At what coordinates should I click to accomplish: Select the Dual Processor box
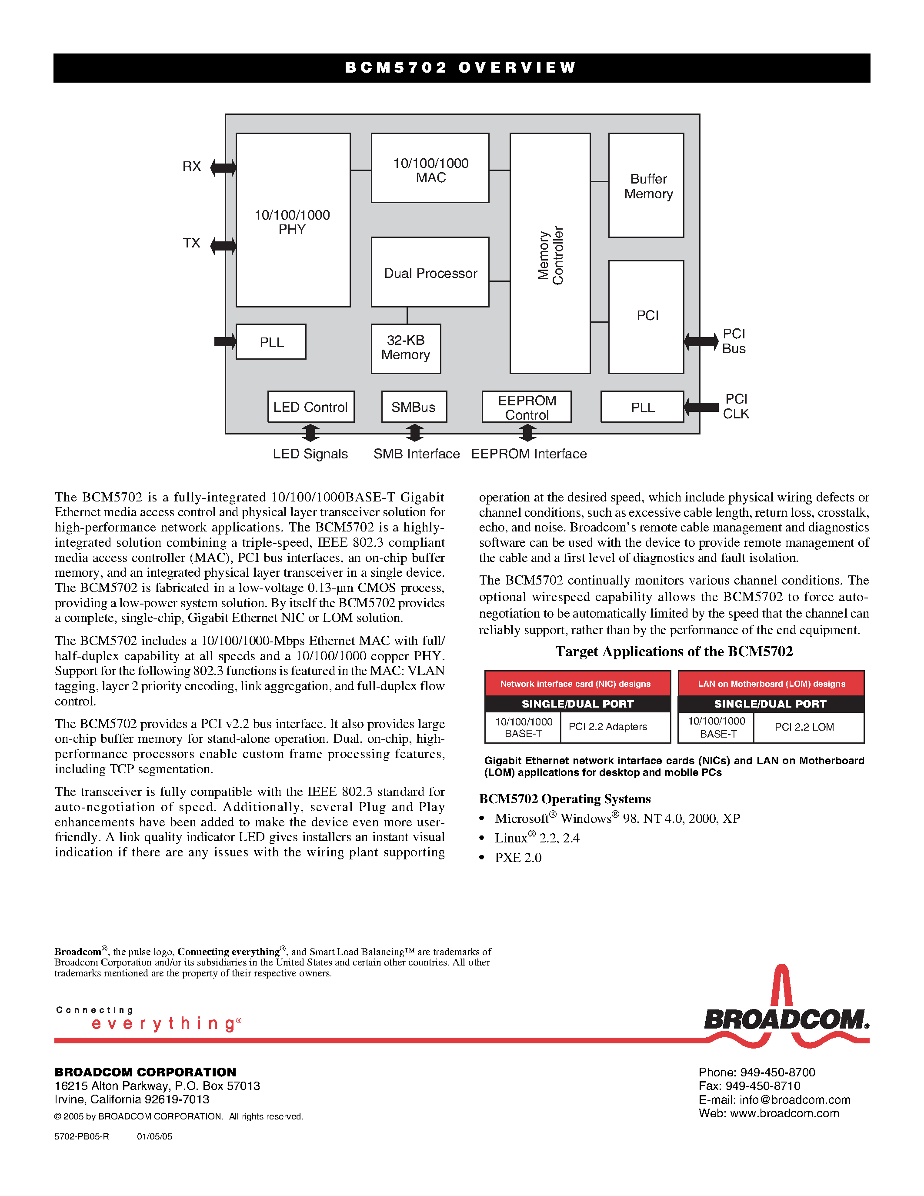(430, 272)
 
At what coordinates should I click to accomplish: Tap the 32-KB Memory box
(406, 348)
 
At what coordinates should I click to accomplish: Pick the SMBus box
(414, 407)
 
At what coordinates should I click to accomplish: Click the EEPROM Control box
(527, 407)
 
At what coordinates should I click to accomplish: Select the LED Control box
(310, 407)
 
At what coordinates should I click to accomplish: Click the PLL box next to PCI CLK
(642, 407)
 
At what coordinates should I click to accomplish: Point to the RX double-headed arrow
(223, 167)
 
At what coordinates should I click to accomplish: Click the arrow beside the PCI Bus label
(701, 341)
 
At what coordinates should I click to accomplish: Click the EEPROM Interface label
(529, 454)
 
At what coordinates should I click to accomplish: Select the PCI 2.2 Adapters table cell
(607, 727)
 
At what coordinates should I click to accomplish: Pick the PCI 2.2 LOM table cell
(804, 727)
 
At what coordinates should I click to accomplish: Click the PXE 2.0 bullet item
(518, 858)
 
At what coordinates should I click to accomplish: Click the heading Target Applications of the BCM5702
(674, 651)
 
